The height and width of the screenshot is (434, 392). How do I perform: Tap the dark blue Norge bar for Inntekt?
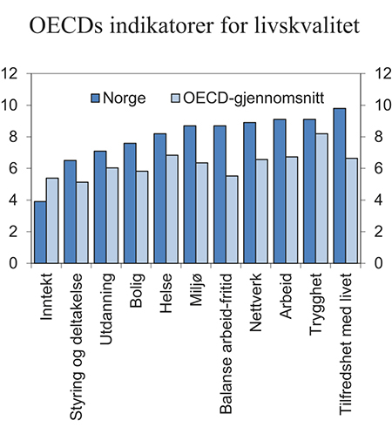coord(39,232)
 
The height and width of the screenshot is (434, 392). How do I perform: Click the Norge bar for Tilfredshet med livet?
coord(339,186)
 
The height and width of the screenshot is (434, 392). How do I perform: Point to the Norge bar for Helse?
coord(159,198)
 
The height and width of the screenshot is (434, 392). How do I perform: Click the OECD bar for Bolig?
coord(141,217)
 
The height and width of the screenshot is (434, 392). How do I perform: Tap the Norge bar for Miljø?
coord(189,194)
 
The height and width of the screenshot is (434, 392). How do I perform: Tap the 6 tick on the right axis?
coord(377,168)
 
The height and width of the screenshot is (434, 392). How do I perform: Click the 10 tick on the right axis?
coord(381,105)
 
